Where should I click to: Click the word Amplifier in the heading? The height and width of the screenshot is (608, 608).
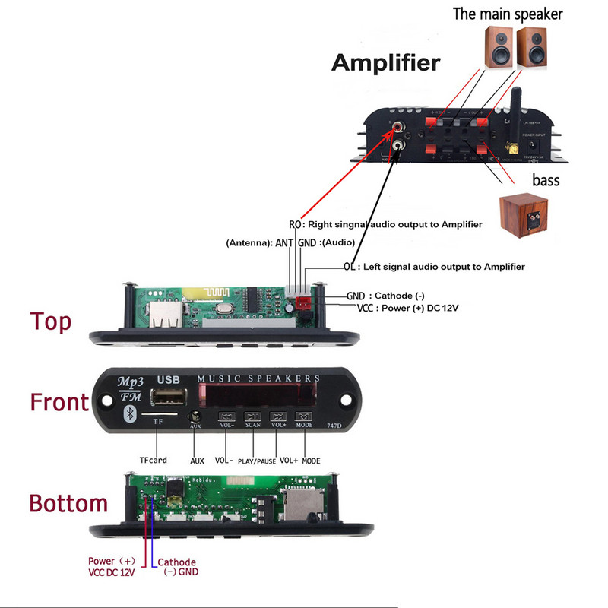click(x=385, y=62)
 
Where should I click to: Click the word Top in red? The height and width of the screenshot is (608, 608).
click(x=51, y=321)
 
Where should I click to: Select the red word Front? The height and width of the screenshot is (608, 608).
click(x=59, y=401)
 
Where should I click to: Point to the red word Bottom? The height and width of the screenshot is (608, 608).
click(x=68, y=504)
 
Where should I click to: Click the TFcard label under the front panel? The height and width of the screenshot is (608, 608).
click(x=153, y=460)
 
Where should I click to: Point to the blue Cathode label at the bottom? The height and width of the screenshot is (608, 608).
click(x=176, y=562)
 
